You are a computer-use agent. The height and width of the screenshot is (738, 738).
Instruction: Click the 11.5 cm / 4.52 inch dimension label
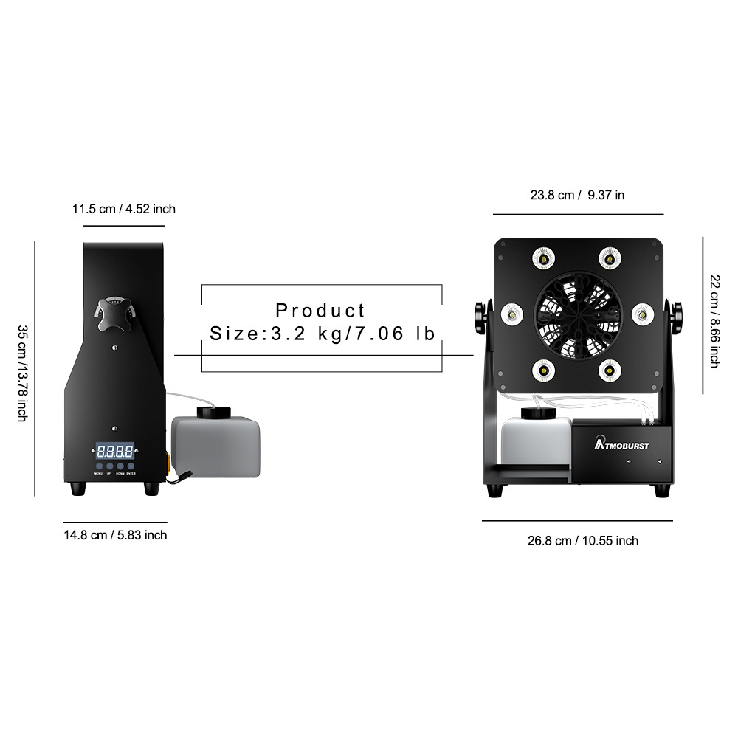123,209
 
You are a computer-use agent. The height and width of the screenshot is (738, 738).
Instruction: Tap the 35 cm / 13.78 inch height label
23,373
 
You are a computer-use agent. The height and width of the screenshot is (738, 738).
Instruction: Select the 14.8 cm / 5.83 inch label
115,534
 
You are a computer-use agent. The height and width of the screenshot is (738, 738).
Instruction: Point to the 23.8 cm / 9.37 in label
577,195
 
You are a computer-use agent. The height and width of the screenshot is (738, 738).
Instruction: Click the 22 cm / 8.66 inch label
714,320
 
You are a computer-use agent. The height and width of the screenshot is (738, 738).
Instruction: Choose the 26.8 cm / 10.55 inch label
582,541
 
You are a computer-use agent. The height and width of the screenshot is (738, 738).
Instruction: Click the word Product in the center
321,310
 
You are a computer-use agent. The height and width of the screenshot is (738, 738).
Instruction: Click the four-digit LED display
114,450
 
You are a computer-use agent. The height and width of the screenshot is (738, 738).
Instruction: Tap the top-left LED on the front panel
544,258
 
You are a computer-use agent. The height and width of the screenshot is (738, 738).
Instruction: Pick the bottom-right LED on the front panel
609,369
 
